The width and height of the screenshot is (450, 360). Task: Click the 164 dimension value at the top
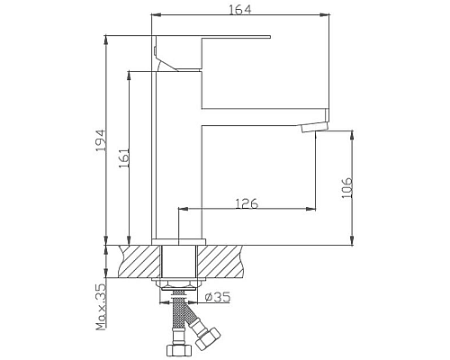pyautogui.click(x=238, y=10)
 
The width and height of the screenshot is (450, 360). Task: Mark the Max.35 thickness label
pyautogui.click(x=100, y=306)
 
